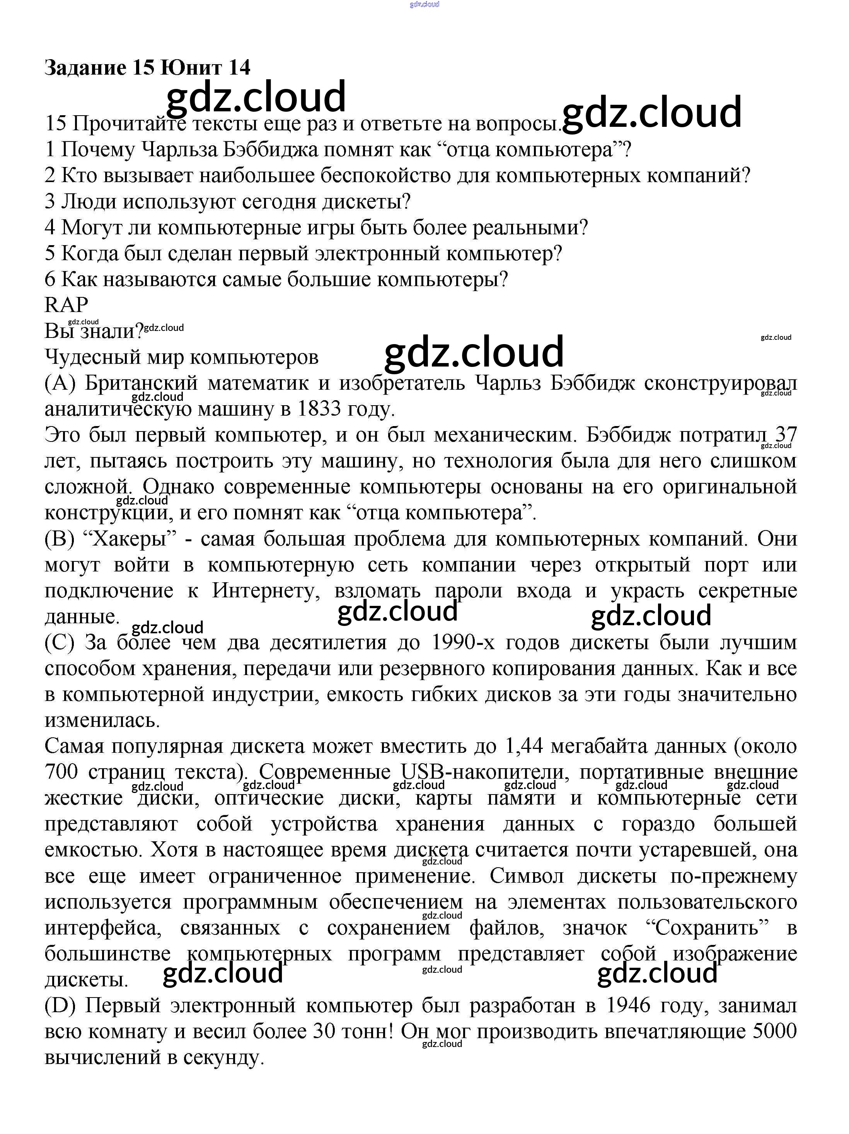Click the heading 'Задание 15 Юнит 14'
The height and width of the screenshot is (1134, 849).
coord(147,67)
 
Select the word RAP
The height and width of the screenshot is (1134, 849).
coord(66,305)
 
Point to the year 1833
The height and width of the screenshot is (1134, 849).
coord(319,409)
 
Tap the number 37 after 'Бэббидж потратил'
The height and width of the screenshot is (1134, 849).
coord(786,435)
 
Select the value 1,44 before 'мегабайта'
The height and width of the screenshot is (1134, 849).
coord(523,746)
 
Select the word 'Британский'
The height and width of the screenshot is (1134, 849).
coord(141,383)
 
